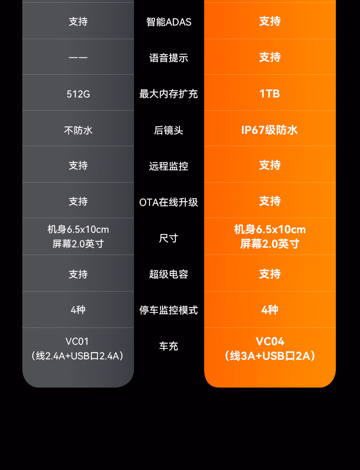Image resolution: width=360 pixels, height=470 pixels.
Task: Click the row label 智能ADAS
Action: [x=169, y=22]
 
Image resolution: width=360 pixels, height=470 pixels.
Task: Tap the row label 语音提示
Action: [x=169, y=58]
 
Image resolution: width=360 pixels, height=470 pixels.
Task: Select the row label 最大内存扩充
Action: [x=169, y=94]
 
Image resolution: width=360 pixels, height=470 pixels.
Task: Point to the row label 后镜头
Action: [x=169, y=130]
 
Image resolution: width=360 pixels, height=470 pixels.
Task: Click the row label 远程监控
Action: [x=169, y=166]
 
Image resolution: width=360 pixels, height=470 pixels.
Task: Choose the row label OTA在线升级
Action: [x=169, y=202]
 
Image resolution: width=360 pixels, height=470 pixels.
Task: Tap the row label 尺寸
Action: [x=169, y=238]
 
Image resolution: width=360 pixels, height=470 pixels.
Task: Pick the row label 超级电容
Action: [x=169, y=274]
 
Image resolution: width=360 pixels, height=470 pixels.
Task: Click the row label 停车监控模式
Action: [x=169, y=310]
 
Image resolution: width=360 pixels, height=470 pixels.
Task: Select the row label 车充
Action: [x=169, y=347]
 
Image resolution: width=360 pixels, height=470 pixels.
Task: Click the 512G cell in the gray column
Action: [x=78, y=94]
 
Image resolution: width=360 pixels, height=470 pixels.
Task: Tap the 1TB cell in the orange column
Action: [x=270, y=93]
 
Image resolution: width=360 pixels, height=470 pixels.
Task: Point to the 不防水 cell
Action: [x=78, y=130]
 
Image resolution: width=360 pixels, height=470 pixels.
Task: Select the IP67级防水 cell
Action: [x=270, y=130]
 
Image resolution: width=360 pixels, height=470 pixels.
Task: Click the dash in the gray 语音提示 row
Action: [x=78, y=58]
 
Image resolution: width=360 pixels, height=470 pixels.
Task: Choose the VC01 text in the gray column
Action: [x=77, y=342]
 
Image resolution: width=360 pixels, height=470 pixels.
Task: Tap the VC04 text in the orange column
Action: [x=270, y=342]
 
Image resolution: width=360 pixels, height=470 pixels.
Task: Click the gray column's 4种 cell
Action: [x=78, y=310]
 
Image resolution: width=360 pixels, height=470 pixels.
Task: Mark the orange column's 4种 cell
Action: [x=270, y=310]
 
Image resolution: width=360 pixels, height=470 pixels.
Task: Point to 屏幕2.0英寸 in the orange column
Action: [x=270, y=244]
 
